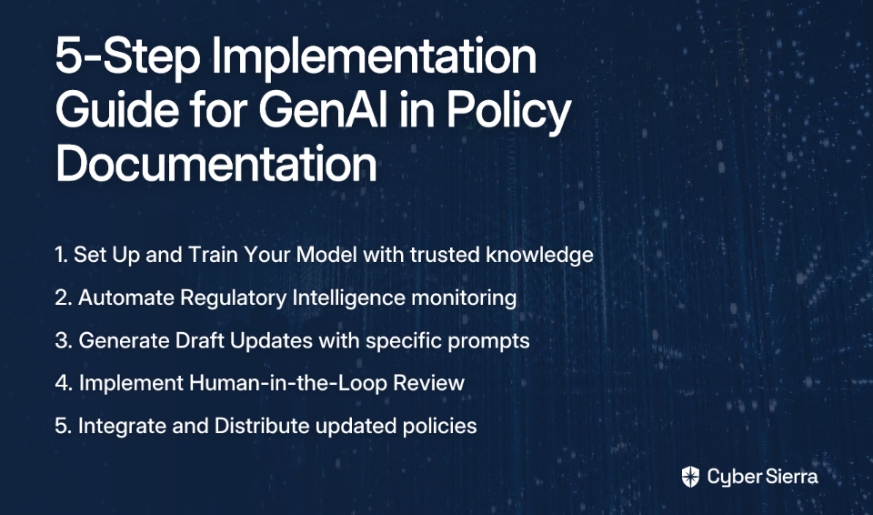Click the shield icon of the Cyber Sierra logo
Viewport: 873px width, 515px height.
(690, 477)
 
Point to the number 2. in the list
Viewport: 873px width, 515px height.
(64, 298)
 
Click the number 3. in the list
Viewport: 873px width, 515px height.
(64, 340)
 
